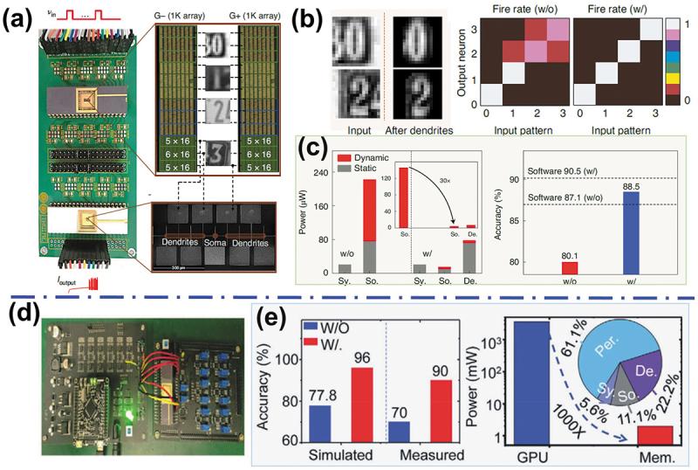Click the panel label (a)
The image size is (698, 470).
coord(20,19)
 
